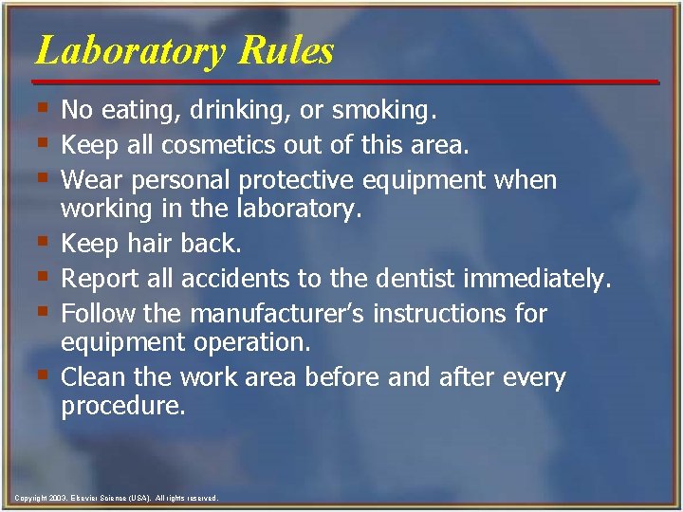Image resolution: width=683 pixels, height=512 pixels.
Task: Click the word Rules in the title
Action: click(286, 50)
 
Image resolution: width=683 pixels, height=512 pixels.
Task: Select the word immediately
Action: click(538, 279)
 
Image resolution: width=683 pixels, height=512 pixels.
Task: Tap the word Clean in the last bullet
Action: click(95, 377)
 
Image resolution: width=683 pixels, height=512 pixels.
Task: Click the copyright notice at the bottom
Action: click(116, 498)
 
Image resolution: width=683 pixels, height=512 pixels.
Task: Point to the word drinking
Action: click(237, 112)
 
